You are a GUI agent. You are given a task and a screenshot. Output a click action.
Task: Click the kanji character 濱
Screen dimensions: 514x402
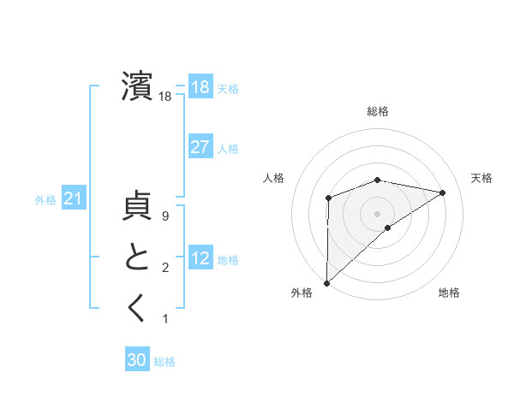(x=137, y=86)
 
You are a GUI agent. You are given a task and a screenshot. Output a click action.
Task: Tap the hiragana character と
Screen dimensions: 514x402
(x=137, y=257)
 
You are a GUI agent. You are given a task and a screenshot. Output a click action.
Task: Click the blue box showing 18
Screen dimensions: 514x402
(x=200, y=86)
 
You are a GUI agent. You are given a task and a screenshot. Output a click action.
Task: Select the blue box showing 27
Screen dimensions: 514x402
(x=200, y=147)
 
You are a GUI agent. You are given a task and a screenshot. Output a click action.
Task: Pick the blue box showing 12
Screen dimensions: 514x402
(x=200, y=258)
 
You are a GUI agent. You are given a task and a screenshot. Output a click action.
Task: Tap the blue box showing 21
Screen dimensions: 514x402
(x=73, y=199)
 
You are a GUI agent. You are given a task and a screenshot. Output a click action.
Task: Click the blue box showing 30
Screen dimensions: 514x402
(x=137, y=360)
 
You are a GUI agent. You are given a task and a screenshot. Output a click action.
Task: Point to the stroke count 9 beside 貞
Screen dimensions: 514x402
(x=165, y=217)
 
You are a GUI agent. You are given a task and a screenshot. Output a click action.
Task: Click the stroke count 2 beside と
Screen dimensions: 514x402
(x=165, y=268)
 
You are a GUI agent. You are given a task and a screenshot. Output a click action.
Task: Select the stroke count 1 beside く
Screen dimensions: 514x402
(x=165, y=319)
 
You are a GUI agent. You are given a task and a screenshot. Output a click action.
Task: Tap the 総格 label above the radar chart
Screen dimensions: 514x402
(x=378, y=111)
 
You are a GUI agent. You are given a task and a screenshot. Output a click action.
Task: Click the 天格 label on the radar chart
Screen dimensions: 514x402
(x=481, y=178)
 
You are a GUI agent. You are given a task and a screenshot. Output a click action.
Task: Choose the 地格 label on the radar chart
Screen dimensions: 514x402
(x=449, y=293)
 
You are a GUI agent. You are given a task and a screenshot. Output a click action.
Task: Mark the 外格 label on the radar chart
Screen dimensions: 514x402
(x=302, y=293)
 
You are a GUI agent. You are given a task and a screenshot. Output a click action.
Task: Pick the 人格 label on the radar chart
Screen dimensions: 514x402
(x=273, y=178)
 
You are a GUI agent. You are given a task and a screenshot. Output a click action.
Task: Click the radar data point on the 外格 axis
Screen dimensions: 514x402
(x=326, y=282)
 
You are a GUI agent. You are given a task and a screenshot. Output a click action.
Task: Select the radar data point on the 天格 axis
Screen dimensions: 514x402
(x=443, y=192)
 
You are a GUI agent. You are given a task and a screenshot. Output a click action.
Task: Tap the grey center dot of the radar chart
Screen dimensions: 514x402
(x=377, y=213)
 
